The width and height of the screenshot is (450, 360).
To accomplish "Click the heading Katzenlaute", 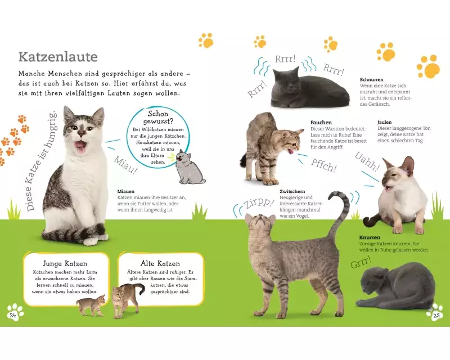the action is coord(58,57).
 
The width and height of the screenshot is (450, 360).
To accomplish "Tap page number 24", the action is coord(13,315).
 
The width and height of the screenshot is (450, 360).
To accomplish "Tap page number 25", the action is coord(436,316).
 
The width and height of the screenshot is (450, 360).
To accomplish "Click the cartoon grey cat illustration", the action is coord(190,167).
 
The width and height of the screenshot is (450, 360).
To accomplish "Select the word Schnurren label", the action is coord(371,79).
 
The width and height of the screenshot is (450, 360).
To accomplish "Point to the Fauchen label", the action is coord(321,123).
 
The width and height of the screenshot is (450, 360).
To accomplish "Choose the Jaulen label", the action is coord(384,122).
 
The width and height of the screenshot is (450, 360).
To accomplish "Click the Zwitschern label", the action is coord(292,191).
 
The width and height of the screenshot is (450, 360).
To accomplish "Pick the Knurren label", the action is coord(370,237).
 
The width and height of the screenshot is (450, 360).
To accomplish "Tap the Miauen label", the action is coord(125,191).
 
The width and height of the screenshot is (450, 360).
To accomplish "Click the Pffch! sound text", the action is coord(323,165).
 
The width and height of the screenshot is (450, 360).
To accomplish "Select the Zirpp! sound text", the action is coord(258,202).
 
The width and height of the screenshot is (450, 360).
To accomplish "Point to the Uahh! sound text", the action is coord(367,161).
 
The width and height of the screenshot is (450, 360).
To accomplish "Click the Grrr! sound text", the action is coord(361,262).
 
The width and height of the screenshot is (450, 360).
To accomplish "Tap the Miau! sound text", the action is coord(125,165).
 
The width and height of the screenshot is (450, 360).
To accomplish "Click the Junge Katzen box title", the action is coord(65,264).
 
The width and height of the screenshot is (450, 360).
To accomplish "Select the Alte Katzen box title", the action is coord(160,263).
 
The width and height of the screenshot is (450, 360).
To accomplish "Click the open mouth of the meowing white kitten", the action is coord(80,147).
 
